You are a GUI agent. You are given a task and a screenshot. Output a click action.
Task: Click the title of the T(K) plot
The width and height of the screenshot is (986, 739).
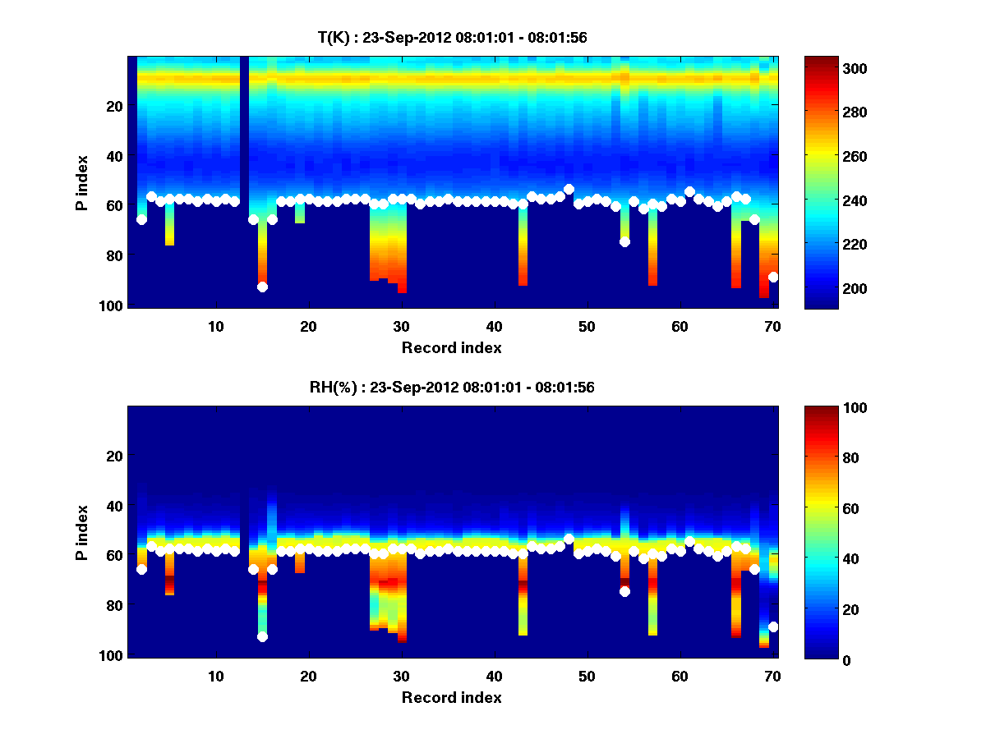point(452,38)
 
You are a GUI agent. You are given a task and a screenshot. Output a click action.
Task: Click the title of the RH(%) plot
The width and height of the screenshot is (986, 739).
point(452,388)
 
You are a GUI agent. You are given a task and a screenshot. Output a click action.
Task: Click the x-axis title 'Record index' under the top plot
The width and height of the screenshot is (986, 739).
point(452,347)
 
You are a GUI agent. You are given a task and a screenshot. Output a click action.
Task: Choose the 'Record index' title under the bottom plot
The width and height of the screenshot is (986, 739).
point(452,697)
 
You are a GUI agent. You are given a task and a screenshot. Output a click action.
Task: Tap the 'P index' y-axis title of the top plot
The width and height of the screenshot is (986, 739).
point(82,182)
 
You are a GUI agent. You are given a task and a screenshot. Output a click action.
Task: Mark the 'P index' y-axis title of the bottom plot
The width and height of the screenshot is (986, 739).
point(82,532)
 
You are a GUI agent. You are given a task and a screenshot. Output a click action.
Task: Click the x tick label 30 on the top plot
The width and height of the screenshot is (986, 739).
point(401,326)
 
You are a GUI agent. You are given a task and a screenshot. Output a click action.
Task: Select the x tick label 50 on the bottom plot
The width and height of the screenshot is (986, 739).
point(587,676)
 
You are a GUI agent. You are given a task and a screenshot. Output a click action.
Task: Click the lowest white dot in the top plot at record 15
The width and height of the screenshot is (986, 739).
point(262,287)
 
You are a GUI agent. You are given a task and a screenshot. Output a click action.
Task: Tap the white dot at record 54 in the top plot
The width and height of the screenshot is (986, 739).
point(624,241)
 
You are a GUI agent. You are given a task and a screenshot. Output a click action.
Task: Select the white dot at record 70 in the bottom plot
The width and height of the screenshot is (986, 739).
point(773,627)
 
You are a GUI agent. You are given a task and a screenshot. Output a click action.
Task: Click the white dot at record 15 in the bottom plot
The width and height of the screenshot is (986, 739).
point(262,636)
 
